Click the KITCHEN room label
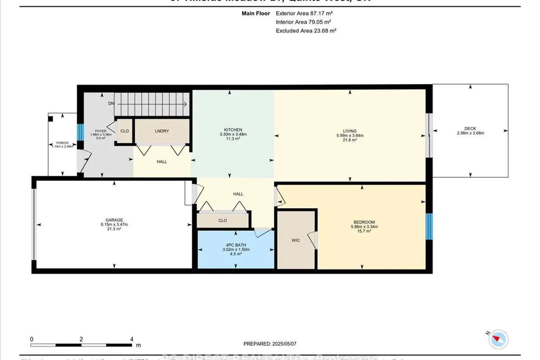[233, 130]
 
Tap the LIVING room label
[350, 131]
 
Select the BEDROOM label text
[364, 222]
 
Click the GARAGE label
[114, 220]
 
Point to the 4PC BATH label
[236, 245]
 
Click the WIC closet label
[296, 240]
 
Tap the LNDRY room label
[162, 131]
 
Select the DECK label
[470, 129]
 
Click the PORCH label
[62, 143]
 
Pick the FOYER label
[100, 131]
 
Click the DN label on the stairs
[111, 103]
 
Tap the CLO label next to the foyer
[125, 131]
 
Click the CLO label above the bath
[222, 220]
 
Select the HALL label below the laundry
[162, 162]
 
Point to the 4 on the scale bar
[132, 339]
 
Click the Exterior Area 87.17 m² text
[304, 13]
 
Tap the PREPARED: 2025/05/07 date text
[270, 344]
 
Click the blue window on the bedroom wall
[429, 226]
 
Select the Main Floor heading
[256, 13]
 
